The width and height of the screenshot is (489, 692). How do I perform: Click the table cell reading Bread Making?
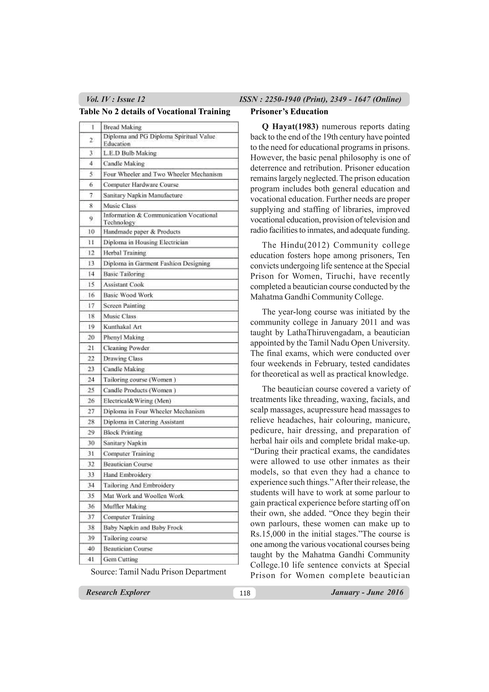tap(122, 127)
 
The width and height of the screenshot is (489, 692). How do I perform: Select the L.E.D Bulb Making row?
tap(130, 153)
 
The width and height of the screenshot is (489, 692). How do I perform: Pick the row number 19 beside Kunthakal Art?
tap(91, 327)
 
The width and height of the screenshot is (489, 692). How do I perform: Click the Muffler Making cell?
tap(125, 506)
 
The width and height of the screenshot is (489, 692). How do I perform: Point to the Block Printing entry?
tap(123, 432)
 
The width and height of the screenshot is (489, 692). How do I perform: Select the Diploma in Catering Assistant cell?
tap(144, 422)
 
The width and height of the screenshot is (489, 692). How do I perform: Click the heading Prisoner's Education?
tap(289, 112)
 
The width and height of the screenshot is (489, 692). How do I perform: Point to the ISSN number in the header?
tap(320, 100)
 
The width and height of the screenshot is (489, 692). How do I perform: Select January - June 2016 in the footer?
tap(367, 592)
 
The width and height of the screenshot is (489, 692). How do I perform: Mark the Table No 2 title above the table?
tap(154, 112)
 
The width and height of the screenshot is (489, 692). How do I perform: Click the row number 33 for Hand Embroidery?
tap(91, 475)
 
